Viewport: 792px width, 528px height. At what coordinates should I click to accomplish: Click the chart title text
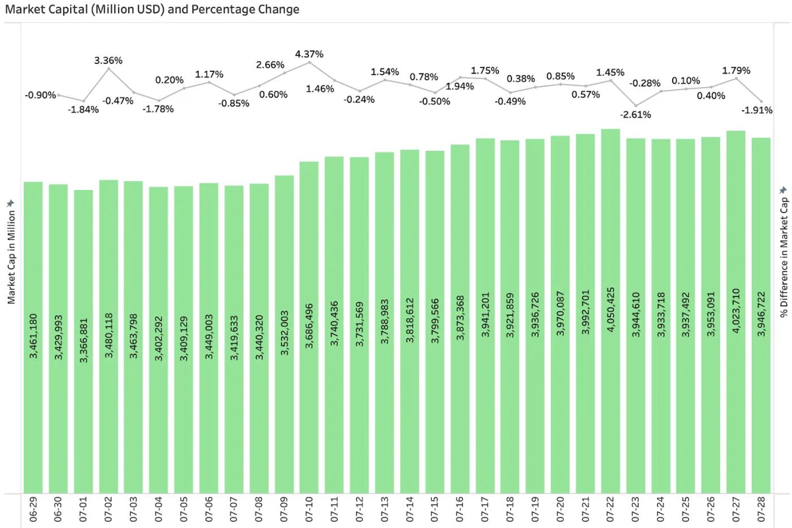(152, 9)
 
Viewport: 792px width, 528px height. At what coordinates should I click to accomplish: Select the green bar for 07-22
(610, 311)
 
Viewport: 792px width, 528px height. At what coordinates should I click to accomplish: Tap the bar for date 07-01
(84, 342)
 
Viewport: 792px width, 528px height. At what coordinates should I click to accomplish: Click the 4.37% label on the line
(309, 54)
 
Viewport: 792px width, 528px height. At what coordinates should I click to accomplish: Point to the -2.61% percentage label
(635, 114)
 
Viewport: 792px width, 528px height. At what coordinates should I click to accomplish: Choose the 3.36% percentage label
(108, 61)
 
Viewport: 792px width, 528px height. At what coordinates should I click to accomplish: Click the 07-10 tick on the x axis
(309, 509)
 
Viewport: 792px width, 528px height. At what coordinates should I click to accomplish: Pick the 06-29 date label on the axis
(33, 509)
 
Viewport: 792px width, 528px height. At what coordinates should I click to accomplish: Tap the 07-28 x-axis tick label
(761, 509)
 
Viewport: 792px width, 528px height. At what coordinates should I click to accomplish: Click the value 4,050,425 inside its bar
(610, 310)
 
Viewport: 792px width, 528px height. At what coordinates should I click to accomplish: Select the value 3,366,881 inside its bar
(84, 340)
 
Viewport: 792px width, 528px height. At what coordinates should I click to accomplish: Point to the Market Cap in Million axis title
(11, 257)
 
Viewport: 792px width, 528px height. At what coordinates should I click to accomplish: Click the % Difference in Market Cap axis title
(784, 257)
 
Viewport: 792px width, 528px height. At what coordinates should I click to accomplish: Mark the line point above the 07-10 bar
(310, 62)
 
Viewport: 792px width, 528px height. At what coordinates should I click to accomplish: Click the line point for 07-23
(636, 106)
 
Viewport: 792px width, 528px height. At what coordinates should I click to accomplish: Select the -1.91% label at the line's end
(757, 110)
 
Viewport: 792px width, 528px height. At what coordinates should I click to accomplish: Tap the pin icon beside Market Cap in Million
(11, 203)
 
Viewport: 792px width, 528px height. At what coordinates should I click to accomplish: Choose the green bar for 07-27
(736, 312)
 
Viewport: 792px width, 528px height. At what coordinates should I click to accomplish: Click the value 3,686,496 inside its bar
(309, 326)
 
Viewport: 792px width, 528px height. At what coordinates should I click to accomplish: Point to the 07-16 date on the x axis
(459, 509)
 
